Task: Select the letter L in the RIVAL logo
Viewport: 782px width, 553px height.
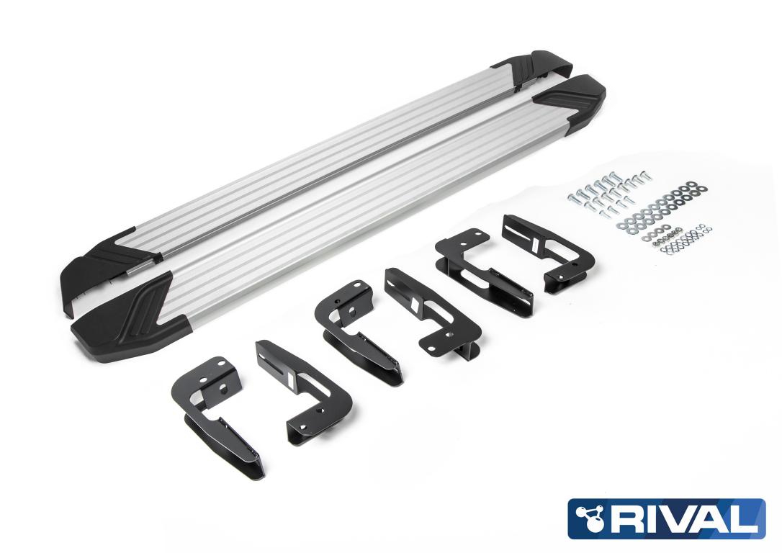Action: point(743,518)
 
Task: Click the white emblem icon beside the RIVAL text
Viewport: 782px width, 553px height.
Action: point(589,518)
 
